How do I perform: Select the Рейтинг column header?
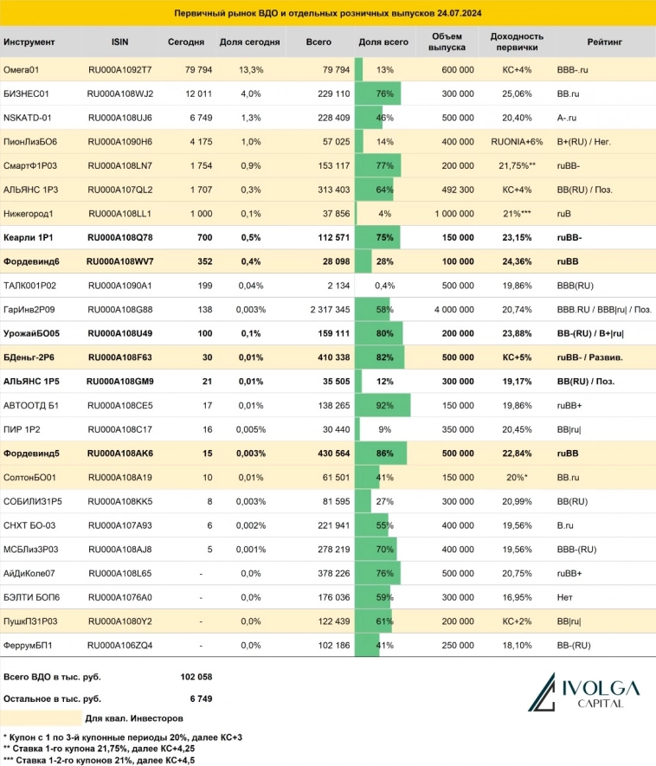click(601, 42)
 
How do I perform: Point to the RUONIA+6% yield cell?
click(516, 140)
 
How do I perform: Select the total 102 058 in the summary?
click(194, 677)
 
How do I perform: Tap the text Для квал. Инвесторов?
click(134, 718)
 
